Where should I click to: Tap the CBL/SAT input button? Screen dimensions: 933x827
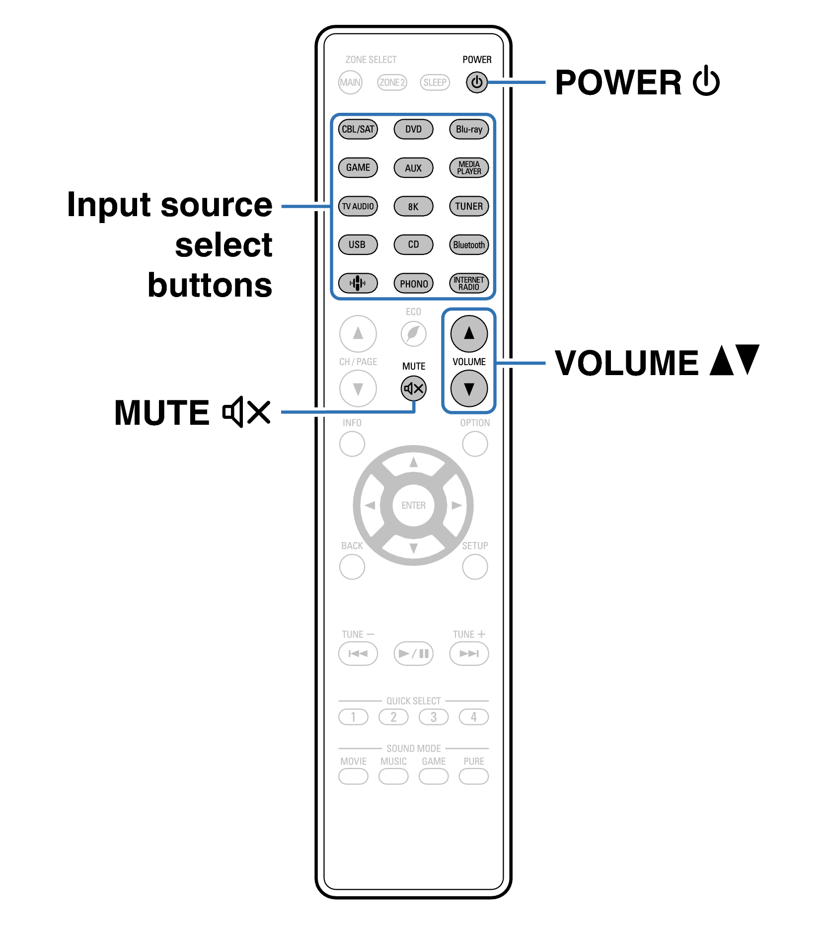(358, 129)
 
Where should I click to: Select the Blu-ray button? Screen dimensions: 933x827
(469, 129)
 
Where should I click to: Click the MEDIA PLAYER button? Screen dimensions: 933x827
(469, 168)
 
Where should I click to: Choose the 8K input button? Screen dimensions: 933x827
(413, 206)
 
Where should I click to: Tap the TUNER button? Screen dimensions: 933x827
(469, 206)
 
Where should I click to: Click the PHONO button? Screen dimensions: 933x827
(413, 284)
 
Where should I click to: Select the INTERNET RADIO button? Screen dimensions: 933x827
(469, 284)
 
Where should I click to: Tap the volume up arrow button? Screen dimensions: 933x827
(469, 333)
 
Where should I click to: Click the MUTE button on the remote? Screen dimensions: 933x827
(413, 389)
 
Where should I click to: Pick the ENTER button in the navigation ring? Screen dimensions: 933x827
(413, 505)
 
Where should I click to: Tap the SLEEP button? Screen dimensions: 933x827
(435, 82)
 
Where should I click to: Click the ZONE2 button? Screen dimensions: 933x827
(392, 82)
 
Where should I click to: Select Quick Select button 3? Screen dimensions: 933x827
(434, 717)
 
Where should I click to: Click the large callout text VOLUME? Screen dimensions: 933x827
(626, 363)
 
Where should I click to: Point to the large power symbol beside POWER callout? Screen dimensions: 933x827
(706, 81)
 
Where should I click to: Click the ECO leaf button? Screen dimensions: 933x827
(413, 333)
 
